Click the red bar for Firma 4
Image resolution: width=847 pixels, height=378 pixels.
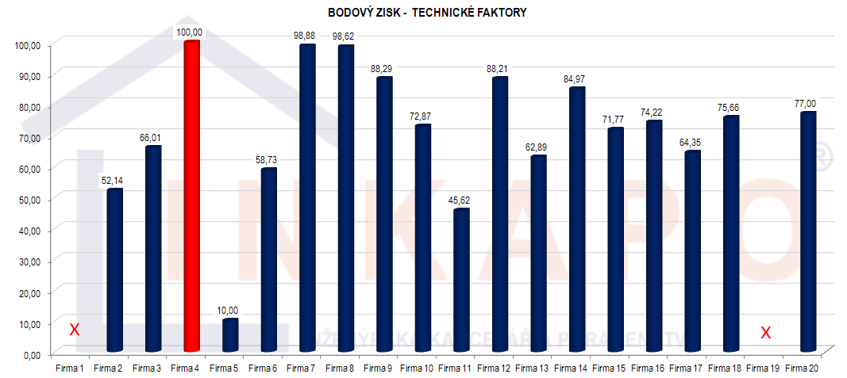191,198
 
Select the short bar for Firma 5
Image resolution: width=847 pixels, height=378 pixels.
230,335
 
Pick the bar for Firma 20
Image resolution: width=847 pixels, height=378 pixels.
808,231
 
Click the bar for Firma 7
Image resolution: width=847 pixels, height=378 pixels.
307,198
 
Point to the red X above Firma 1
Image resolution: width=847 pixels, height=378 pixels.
74,330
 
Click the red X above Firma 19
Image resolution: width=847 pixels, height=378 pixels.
766,333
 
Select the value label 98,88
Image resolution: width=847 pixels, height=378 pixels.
306,36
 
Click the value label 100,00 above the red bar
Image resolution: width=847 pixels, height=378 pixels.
190,32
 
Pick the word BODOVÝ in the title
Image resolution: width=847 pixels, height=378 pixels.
348,13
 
